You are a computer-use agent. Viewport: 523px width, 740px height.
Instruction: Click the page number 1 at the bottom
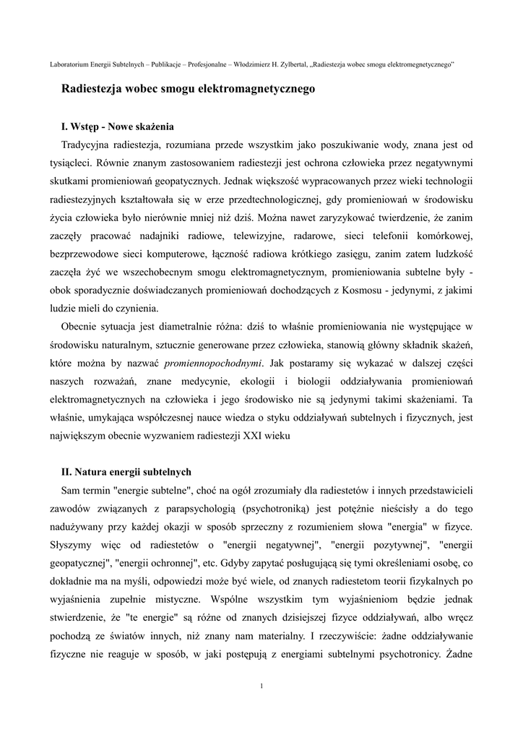[261, 685]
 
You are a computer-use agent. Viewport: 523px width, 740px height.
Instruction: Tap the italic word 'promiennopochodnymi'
[213, 363]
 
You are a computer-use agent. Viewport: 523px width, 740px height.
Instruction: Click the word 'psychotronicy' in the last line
[409, 655]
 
